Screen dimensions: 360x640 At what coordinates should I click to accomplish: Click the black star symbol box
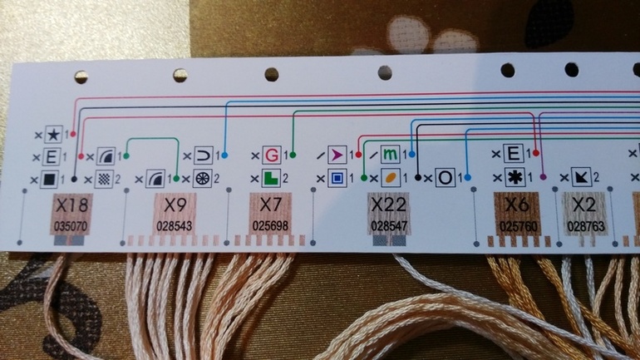[54, 132]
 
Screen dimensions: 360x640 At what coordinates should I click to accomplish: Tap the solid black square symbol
[52, 178]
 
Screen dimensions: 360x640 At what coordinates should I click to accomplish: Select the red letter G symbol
[271, 155]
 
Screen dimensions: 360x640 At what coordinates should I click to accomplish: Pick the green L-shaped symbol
[271, 177]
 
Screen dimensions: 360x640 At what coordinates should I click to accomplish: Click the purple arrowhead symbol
[336, 155]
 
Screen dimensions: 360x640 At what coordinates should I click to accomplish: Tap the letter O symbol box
[446, 177]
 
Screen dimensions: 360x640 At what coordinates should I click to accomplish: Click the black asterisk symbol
[514, 176]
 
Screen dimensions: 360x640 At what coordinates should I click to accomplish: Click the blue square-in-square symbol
[336, 177]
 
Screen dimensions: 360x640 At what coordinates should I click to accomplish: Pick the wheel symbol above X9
[203, 177]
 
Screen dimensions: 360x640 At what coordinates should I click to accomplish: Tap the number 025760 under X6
[515, 225]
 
